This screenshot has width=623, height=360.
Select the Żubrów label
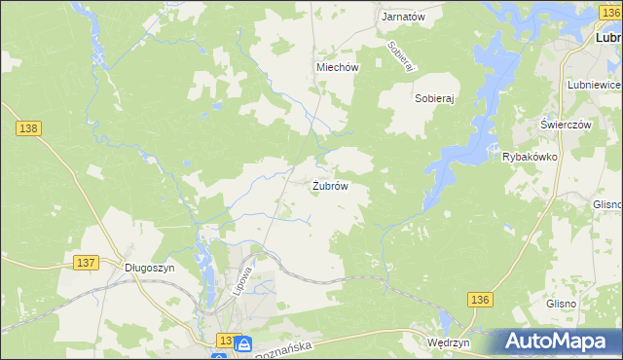[x=331, y=185]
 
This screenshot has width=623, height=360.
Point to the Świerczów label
[x=567, y=126]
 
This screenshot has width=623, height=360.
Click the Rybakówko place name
[x=529, y=157]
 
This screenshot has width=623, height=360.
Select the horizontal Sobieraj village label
[x=435, y=98]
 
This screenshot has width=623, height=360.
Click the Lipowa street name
[x=244, y=281]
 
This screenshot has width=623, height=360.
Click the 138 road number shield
[x=28, y=127]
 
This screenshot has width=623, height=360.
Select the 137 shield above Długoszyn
[x=86, y=263]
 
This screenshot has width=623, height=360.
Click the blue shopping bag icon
[x=243, y=342]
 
